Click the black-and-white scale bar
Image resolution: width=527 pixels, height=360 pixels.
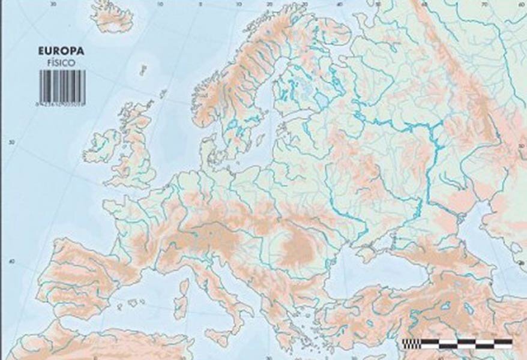(x=457, y=344)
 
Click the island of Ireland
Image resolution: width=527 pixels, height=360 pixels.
(x=102, y=145)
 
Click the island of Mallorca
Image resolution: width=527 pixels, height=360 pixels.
(x=130, y=304)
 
